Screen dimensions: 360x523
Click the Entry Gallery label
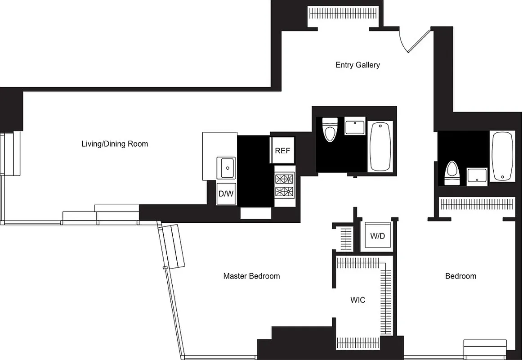click(358, 65)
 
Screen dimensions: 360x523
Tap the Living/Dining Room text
click(115, 144)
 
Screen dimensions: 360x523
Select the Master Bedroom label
click(251, 276)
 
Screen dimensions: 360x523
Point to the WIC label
click(358, 300)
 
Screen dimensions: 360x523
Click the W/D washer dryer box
click(377, 236)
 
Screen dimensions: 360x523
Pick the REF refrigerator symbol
click(282, 151)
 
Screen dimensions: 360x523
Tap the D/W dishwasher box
click(226, 194)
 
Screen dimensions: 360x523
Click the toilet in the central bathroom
click(331, 130)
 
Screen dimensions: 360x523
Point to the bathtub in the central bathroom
click(380, 146)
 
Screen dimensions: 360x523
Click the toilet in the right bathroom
click(451, 173)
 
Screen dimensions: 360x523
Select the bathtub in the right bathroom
click(502, 156)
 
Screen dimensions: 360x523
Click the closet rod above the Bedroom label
click(476, 205)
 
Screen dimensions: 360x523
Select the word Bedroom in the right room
click(460, 276)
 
